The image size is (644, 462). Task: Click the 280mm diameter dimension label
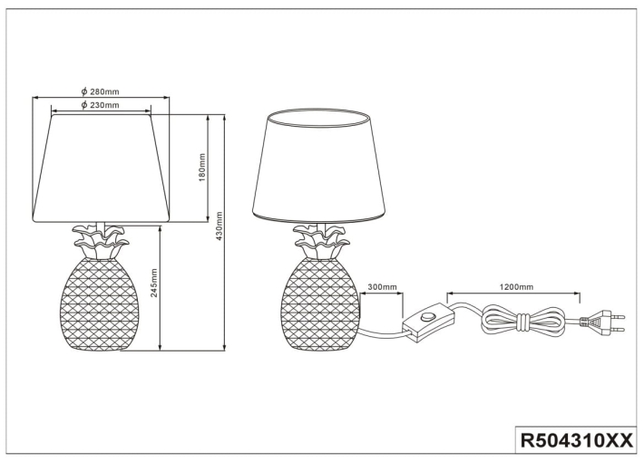click(100, 91)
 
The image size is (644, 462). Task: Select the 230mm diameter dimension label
click(100, 105)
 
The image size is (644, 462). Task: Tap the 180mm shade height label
click(201, 168)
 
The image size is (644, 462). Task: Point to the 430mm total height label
click(219, 226)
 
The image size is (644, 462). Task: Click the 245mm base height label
click(154, 284)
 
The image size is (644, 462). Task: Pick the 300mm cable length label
click(382, 287)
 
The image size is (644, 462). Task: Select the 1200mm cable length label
click(516, 287)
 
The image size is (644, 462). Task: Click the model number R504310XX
click(577, 441)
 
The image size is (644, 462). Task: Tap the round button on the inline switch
click(428, 317)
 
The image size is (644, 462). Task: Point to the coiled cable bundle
click(524, 321)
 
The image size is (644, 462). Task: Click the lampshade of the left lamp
click(101, 168)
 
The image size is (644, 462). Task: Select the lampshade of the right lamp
click(319, 166)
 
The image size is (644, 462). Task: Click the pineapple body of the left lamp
click(100, 304)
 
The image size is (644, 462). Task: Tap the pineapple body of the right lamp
click(320, 303)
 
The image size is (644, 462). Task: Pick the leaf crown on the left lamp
click(100, 242)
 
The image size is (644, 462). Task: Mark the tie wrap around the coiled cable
click(524, 322)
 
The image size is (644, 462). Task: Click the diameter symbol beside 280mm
click(83, 91)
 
